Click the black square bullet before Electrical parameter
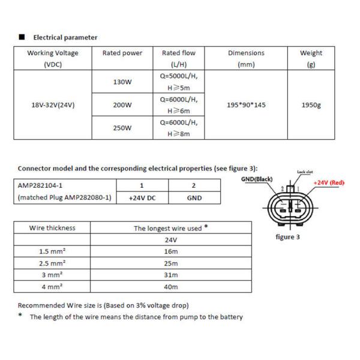click(x=22, y=37)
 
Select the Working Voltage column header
click(x=53, y=59)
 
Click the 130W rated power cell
click(x=122, y=82)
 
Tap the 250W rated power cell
click(x=122, y=128)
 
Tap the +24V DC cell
click(x=142, y=198)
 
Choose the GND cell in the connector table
click(x=194, y=198)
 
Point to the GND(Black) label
click(x=256, y=179)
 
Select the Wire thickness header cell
click(x=53, y=228)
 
